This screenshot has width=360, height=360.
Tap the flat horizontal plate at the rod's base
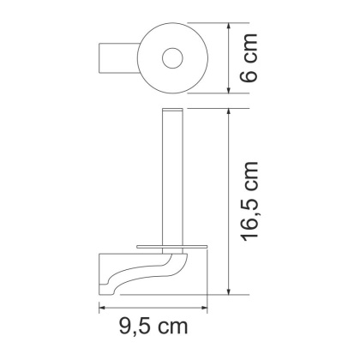[x=171, y=246]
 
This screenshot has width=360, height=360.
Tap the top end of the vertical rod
[x=172, y=113]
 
